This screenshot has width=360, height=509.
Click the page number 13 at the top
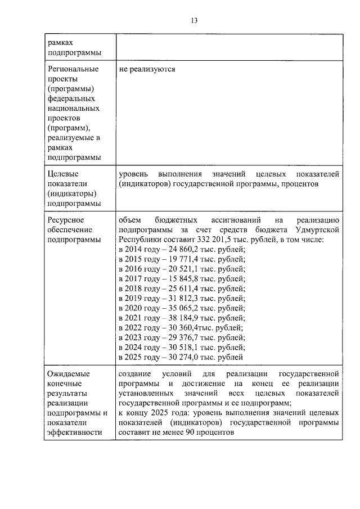click(x=194, y=21)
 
